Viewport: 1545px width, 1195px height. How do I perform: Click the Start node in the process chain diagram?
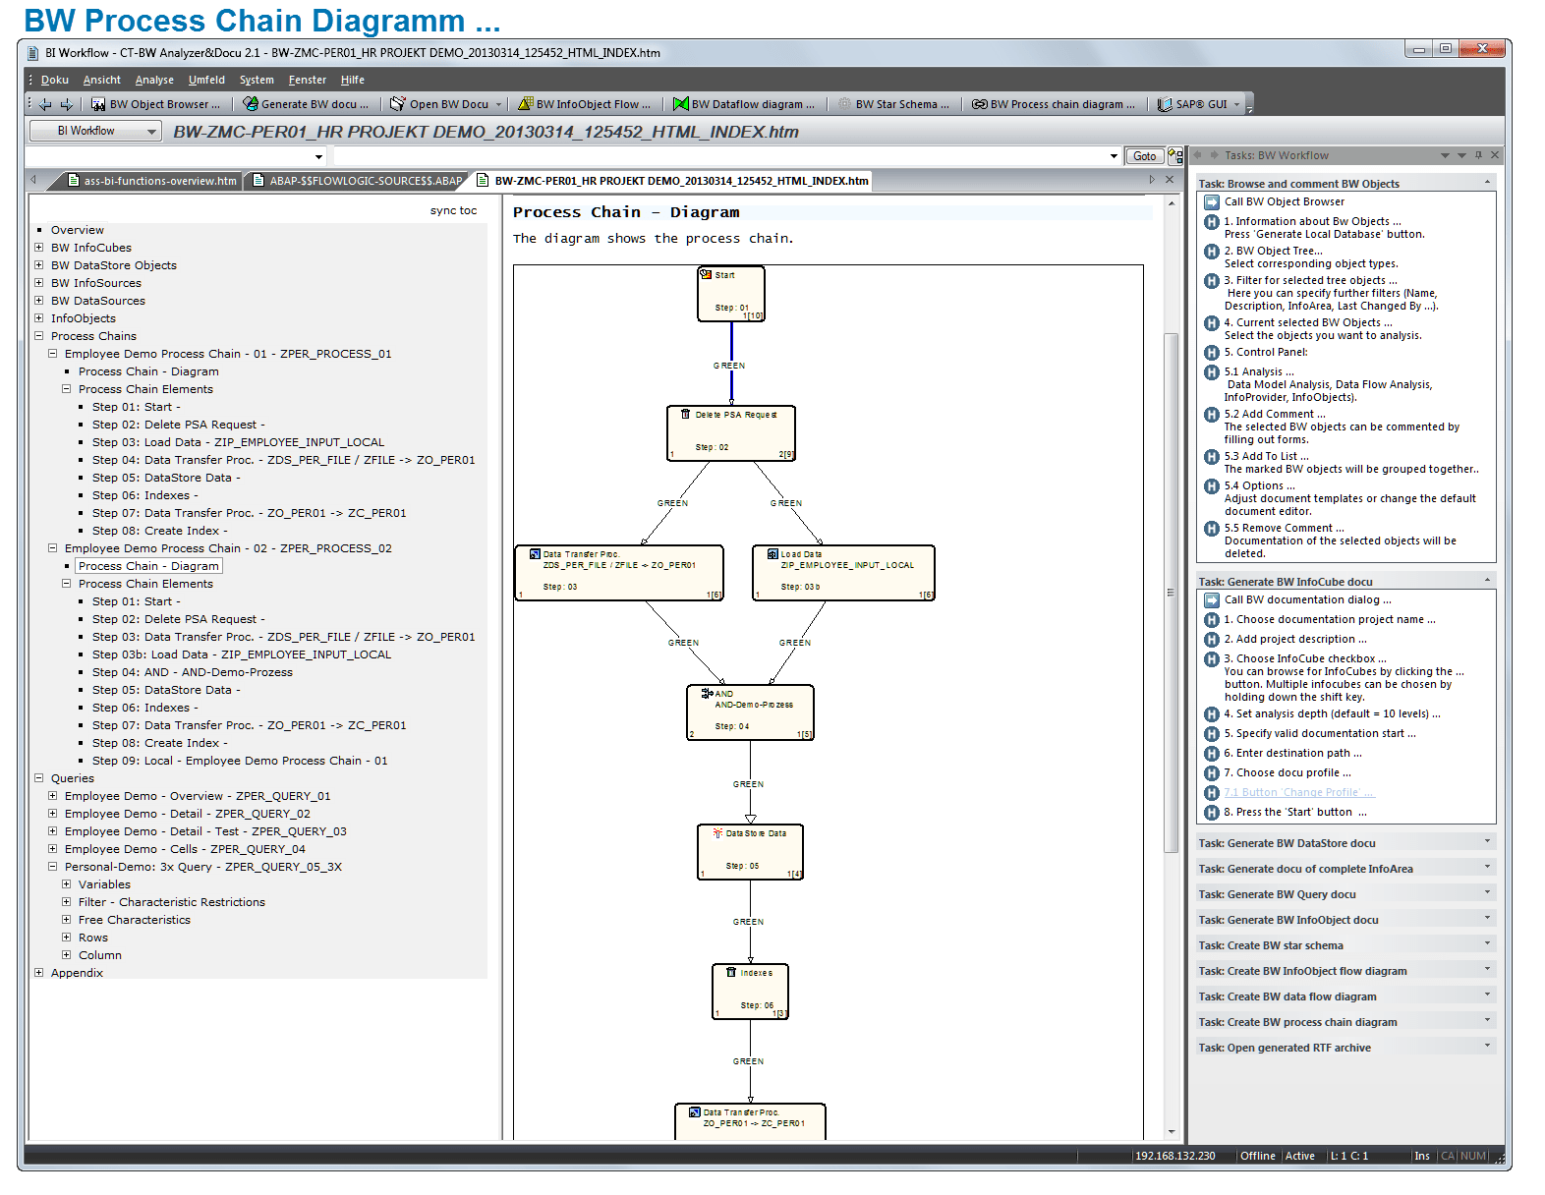(x=731, y=293)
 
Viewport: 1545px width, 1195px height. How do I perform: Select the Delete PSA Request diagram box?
(x=731, y=432)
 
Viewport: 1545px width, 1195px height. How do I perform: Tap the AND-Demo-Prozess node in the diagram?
(x=750, y=712)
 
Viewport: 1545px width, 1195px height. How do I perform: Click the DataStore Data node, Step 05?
(x=751, y=851)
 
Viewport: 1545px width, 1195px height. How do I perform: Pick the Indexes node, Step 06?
(x=751, y=992)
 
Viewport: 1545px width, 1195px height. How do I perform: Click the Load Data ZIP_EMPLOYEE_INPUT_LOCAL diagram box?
(x=843, y=572)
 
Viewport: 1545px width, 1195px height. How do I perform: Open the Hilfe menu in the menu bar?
(x=352, y=81)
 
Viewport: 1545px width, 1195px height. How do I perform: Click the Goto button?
(x=1144, y=156)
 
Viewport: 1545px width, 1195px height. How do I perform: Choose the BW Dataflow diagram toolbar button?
(x=744, y=104)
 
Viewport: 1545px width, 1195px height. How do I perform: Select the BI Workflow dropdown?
(x=94, y=131)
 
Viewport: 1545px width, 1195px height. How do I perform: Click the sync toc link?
(x=453, y=210)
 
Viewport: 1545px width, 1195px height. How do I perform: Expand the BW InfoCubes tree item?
(x=39, y=248)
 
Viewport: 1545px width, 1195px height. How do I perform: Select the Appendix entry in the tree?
(x=77, y=973)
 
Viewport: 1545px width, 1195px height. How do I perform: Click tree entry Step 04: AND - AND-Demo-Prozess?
(x=193, y=672)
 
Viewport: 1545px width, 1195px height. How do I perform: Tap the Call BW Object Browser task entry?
(x=1284, y=201)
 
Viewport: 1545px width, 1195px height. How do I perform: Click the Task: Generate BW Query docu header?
(x=1277, y=894)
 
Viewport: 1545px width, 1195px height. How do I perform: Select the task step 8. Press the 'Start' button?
(x=1294, y=812)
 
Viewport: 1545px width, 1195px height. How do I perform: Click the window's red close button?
(x=1481, y=48)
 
